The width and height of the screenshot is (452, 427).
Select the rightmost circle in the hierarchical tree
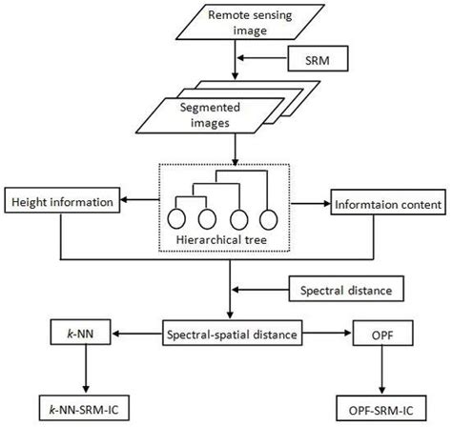270,217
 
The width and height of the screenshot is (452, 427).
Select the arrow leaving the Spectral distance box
259,286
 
